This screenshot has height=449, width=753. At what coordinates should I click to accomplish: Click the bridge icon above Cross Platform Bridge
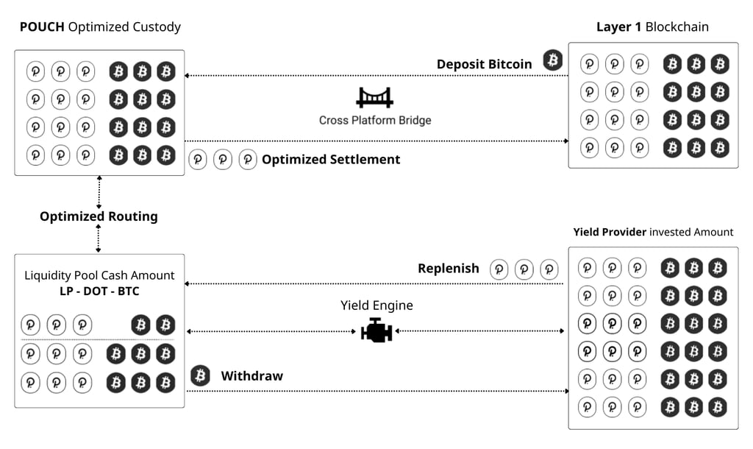[374, 98]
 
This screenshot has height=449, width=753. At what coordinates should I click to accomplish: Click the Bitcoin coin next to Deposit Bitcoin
[553, 60]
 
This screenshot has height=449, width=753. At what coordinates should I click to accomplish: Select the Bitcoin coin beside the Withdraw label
[201, 376]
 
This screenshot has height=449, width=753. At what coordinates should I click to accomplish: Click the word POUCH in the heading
[42, 27]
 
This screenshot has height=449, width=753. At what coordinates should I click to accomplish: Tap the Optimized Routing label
[99, 216]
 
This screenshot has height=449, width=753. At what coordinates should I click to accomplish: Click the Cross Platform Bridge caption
[375, 120]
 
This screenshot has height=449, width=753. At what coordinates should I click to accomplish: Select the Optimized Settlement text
[331, 159]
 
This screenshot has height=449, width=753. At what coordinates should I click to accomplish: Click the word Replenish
[449, 269]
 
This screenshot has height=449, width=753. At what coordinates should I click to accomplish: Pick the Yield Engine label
[376, 305]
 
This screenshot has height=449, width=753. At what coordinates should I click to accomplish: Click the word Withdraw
[252, 376]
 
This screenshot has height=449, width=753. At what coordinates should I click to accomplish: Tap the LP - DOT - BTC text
[99, 291]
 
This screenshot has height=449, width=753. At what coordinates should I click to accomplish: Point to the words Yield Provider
[610, 232]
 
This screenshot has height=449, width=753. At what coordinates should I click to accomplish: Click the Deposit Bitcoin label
[484, 64]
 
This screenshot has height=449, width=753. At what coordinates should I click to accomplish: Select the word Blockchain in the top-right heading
[677, 27]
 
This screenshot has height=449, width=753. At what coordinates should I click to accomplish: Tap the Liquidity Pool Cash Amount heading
[99, 275]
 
